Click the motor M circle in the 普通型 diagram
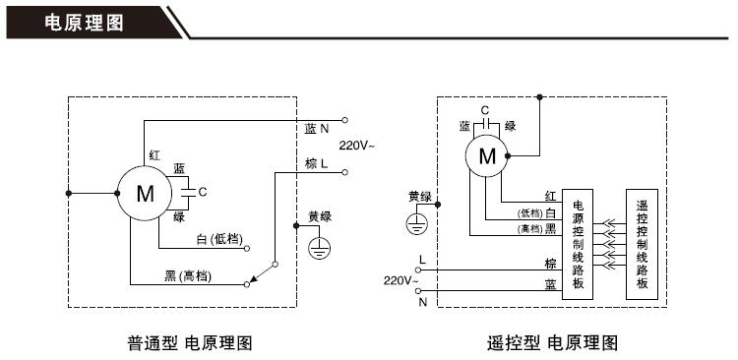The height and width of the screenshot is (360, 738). (x=145, y=194)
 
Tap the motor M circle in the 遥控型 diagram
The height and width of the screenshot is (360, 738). (x=487, y=155)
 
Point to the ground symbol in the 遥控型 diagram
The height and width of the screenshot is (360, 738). (x=416, y=224)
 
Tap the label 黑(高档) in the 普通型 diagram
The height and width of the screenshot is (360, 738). (x=187, y=274)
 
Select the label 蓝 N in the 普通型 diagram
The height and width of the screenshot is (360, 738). (x=316, y=129)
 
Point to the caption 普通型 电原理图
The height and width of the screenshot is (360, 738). (x=190, y=343)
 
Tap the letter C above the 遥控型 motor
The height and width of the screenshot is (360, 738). (x=484, y=109)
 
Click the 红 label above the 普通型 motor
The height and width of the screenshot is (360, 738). (x=154, y=155)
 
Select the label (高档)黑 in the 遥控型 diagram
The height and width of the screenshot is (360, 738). (x=537, y=228)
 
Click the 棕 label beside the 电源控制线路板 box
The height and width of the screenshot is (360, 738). (x=550, y=264)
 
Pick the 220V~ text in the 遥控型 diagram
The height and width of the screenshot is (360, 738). (x=401, y=280)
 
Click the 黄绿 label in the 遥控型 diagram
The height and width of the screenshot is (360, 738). (x=420, y=196)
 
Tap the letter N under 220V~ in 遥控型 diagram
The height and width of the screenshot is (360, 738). (x=423, y=301)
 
